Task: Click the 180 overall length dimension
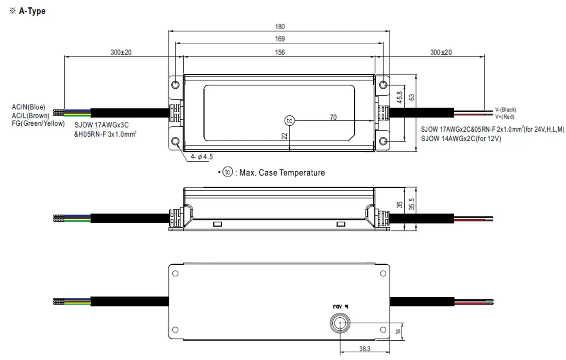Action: [279, 27]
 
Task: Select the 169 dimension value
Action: [279, 39]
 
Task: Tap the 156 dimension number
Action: [279, 52]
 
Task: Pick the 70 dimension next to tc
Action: [333, 117]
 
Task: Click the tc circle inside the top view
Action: [289, 120]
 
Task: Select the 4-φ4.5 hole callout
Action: [201, 156]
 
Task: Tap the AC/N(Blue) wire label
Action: [28, 107]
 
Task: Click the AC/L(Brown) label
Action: [31, 115]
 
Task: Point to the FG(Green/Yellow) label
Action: [38, 123]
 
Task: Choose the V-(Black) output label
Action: [505, 110]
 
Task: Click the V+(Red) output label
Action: [504, 117]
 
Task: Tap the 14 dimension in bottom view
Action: [398, 332]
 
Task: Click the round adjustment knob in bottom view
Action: [340, 323]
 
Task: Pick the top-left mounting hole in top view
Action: [176, 84]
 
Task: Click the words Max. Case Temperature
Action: [282, 173]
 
